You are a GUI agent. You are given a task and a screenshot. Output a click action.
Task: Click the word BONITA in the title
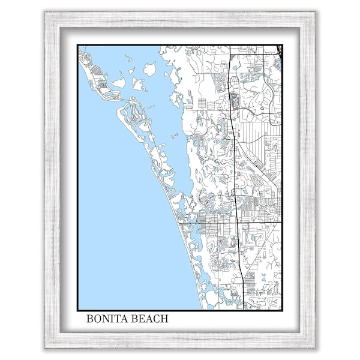coord(106,319)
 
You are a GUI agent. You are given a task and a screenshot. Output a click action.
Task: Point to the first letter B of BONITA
coord(90,319)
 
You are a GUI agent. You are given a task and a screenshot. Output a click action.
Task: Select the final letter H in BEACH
coord(165,319)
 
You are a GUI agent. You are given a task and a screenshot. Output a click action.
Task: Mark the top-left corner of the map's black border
coord(77,45)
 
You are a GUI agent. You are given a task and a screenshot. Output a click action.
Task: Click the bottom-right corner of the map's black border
coord(282,310)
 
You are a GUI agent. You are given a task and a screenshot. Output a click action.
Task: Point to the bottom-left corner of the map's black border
coord(77,310)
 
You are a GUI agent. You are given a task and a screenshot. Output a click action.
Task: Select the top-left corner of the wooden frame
coord(44,11)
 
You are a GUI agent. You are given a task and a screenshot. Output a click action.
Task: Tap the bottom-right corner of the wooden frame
coord(316,348)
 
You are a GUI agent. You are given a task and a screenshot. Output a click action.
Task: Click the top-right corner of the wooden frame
coord(316,11)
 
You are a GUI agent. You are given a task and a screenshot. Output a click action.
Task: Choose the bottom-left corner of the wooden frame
coord(44,348)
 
